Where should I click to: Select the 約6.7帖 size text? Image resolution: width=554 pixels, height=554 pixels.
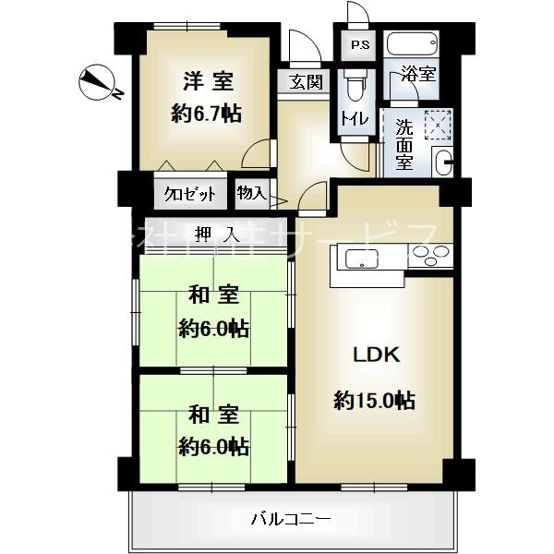[206, 114]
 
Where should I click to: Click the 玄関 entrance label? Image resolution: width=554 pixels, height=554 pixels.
[306, 81]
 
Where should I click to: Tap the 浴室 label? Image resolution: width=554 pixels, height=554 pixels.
[419, 74]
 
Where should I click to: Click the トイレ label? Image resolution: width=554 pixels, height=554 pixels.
[352, 118]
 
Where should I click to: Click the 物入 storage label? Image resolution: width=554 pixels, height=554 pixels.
[251, 193]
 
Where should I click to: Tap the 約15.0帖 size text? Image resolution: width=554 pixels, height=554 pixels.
[374, 400]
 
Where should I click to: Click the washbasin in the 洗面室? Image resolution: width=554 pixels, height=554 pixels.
[442, 163]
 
